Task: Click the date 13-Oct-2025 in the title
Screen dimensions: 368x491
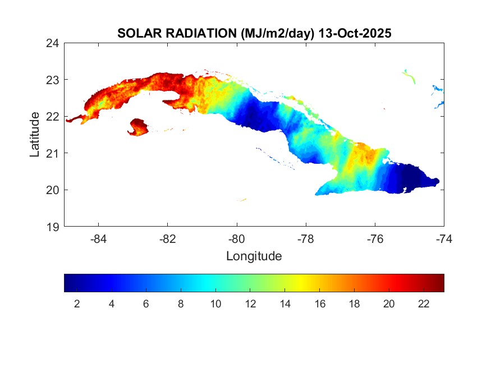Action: coord(355,33)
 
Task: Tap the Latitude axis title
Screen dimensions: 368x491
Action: coord(35,134)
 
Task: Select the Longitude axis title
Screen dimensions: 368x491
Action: coord(254,256)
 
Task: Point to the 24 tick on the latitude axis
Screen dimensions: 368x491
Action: coord(53,43)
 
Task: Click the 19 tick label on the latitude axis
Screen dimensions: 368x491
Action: coord(53,227)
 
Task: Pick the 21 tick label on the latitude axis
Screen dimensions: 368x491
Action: coord(53,153)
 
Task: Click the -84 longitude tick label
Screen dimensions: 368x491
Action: coord(99,238)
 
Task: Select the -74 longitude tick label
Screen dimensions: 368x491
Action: coord(444,238)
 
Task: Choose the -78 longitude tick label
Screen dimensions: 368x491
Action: coord(306,238)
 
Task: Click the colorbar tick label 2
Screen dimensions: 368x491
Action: coord(77,304)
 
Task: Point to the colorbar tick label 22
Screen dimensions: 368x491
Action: coord(424,304)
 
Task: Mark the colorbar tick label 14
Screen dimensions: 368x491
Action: coord(285,304)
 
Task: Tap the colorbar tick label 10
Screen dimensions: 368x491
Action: coord(215,304)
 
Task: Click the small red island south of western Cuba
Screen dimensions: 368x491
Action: coord(138,127)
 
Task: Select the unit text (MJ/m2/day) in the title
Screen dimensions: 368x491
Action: coord(278,33)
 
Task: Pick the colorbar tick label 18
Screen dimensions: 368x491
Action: coord(354,304)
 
